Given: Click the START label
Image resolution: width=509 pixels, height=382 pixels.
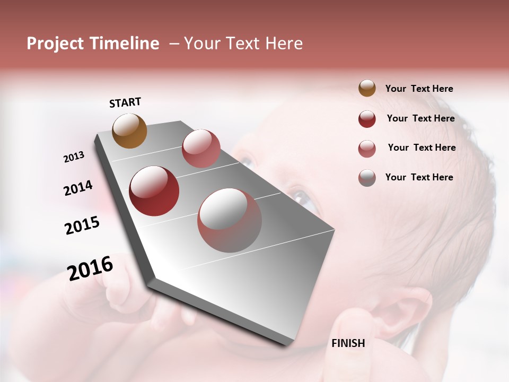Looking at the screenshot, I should coord(125,102).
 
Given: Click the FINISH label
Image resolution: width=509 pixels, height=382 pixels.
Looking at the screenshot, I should coord(348,343).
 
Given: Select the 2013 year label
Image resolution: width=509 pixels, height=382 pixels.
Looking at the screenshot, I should coord(74,157).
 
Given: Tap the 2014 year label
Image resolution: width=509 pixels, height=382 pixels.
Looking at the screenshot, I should coord(78,188).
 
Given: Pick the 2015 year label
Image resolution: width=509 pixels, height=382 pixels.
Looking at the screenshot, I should coord(82,225).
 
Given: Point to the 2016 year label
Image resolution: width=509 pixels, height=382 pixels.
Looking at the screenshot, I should coord(90,268).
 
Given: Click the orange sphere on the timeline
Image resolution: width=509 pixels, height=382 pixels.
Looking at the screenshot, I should coord(130,131).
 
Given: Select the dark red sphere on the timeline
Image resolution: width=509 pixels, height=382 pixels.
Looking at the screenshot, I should coord(154,191).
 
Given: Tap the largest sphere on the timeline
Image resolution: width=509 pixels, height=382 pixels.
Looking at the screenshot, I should coord(230,220).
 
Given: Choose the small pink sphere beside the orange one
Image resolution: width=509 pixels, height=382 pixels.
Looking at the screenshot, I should coord(201,149).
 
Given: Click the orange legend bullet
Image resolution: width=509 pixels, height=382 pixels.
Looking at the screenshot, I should coord(367,89).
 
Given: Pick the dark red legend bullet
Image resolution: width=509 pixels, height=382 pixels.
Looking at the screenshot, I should coord(367,119).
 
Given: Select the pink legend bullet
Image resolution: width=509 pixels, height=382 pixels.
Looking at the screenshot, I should coord(367,149).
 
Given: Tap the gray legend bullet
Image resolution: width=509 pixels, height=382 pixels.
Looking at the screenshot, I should coord(367,178).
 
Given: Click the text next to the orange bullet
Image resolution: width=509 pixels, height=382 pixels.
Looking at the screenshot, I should coord(419,89).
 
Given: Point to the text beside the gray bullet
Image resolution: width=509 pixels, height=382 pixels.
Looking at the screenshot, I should coord(419,177).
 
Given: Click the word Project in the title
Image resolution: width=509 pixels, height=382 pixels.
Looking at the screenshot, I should coord(55,44).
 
